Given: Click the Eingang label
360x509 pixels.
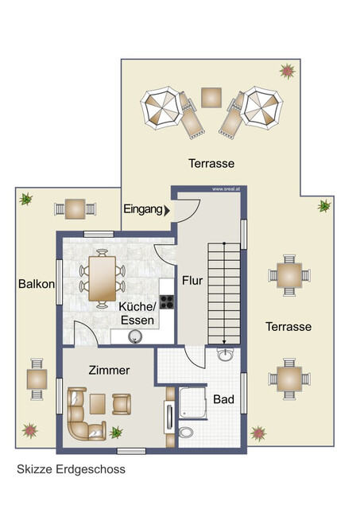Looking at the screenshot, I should click(x=141, y=209).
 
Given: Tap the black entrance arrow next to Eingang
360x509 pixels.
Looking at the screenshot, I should click(x=165, y=210).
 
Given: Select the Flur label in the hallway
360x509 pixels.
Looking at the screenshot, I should click(x=192, y=280).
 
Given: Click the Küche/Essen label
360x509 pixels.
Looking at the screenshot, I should click(x=137, y=313).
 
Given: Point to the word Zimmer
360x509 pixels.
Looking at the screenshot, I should click(x=109, y=370).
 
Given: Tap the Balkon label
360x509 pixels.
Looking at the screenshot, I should click(x=35, y=284).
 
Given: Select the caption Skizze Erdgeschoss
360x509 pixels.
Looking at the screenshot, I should click(x=70, y=469).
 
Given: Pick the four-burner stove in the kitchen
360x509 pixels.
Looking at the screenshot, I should click(x=168, y=301).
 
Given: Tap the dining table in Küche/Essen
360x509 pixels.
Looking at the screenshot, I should click(x=102, y=278).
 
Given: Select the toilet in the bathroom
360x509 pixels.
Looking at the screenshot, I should click(x=185, y=433).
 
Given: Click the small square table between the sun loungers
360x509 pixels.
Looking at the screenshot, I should click(x=211, y=97).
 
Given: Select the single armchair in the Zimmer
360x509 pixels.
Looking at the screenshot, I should click(x=121, y=403).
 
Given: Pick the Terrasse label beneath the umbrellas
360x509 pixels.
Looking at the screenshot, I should click(x=211, y=163).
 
